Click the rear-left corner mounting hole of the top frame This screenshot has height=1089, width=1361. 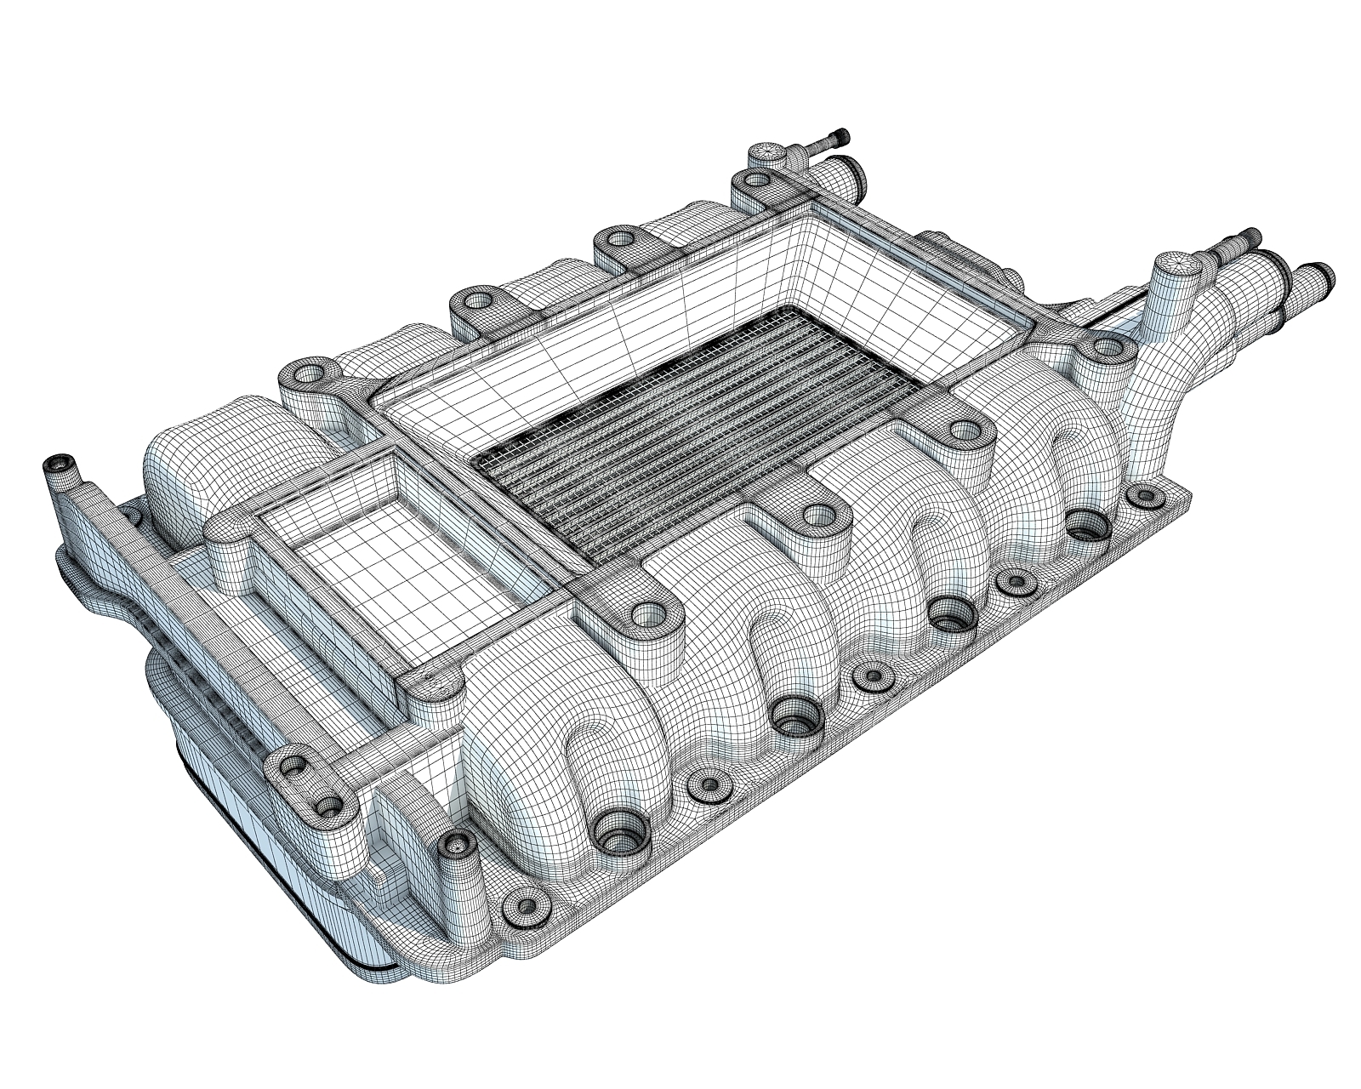(305, 375)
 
